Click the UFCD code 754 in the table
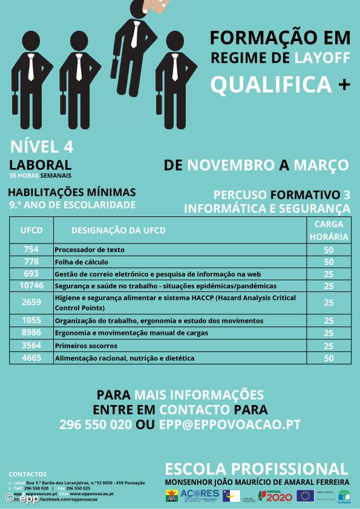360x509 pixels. (x=31, y=250)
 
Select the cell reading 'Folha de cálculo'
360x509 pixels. (x=82, y=262)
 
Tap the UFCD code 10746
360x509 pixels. (x=31, y=285)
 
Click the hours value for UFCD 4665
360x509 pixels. (x=329, y=358)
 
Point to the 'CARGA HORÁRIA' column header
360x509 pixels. (x=329, y=230)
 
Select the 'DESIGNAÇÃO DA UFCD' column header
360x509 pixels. (x=119, y=230)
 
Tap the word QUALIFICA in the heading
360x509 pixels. (x=271, y=85)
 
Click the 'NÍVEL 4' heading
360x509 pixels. (x=42, y=147)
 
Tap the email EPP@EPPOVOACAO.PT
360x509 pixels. (x=229, y=424)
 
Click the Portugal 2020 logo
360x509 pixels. (x=276, y=496)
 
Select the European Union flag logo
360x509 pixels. (x=305, y=496)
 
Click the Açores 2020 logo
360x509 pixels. (x=200, y=496)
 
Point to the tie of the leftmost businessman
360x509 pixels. (x=31, y=67)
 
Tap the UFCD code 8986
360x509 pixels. (x=31, y=333)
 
